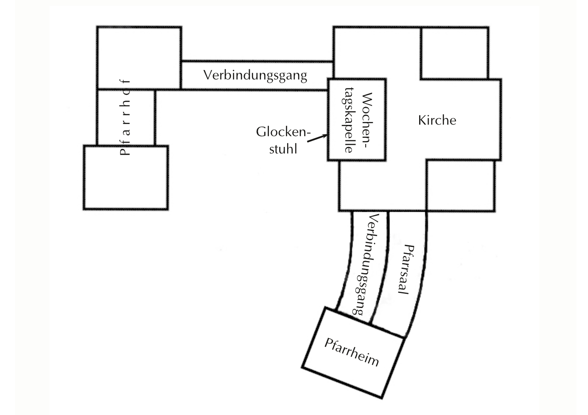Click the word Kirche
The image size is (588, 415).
coord(437,120)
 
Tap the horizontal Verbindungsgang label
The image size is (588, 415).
coord(255,75)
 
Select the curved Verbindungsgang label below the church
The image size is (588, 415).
coord(367,266)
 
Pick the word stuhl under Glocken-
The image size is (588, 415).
coord(283,149)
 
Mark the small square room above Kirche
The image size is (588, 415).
coord(454,53)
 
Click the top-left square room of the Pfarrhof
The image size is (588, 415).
coord(139,57)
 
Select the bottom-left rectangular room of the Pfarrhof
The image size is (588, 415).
coord(126,178)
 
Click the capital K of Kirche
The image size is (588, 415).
coord(422,120)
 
